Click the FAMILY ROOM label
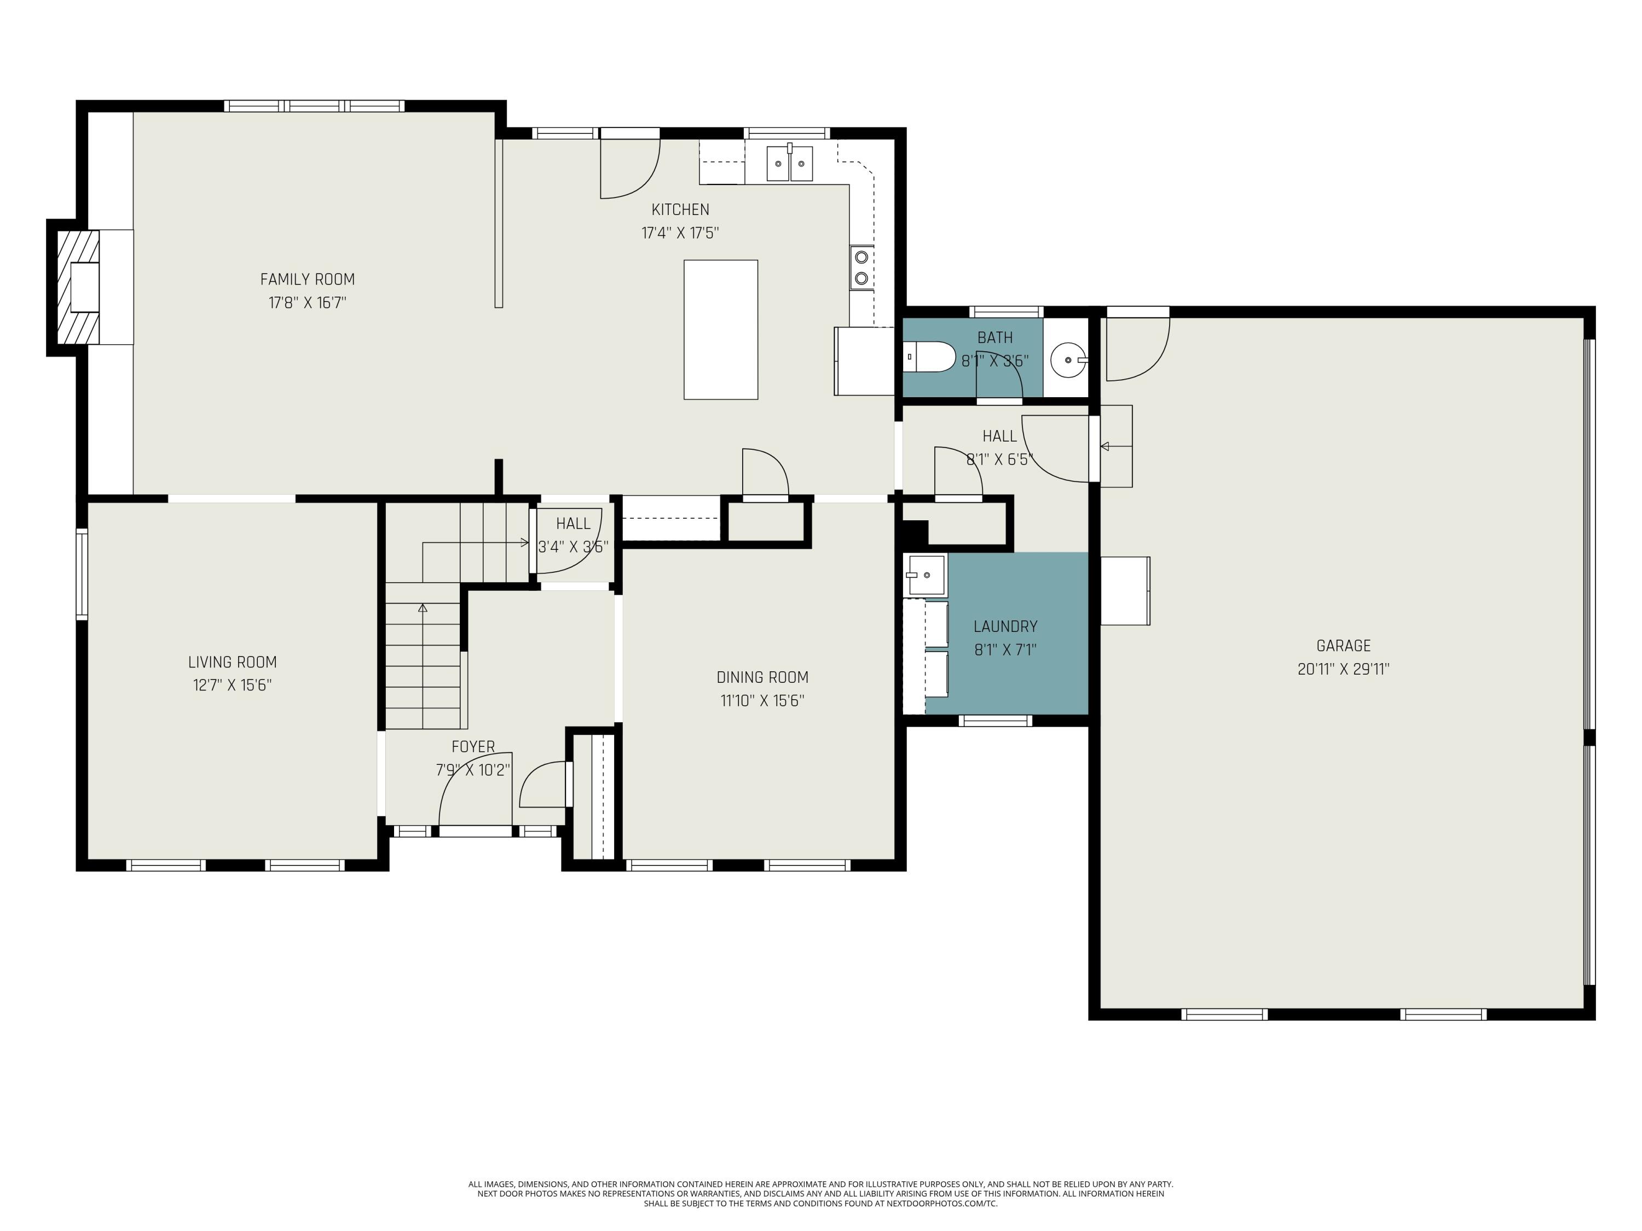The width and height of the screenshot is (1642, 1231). (x=307, y=280)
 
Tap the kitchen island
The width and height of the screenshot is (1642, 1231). (x=721, y=329)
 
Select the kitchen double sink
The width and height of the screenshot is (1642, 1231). (x=790, y=163)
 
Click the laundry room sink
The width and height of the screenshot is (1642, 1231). (x=925, y=575)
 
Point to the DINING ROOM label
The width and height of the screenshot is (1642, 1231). (x=762, y=677)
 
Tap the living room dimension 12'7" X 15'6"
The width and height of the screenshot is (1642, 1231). (x=233, y=685)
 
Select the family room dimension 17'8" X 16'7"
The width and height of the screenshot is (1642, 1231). (x=307, y=303)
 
